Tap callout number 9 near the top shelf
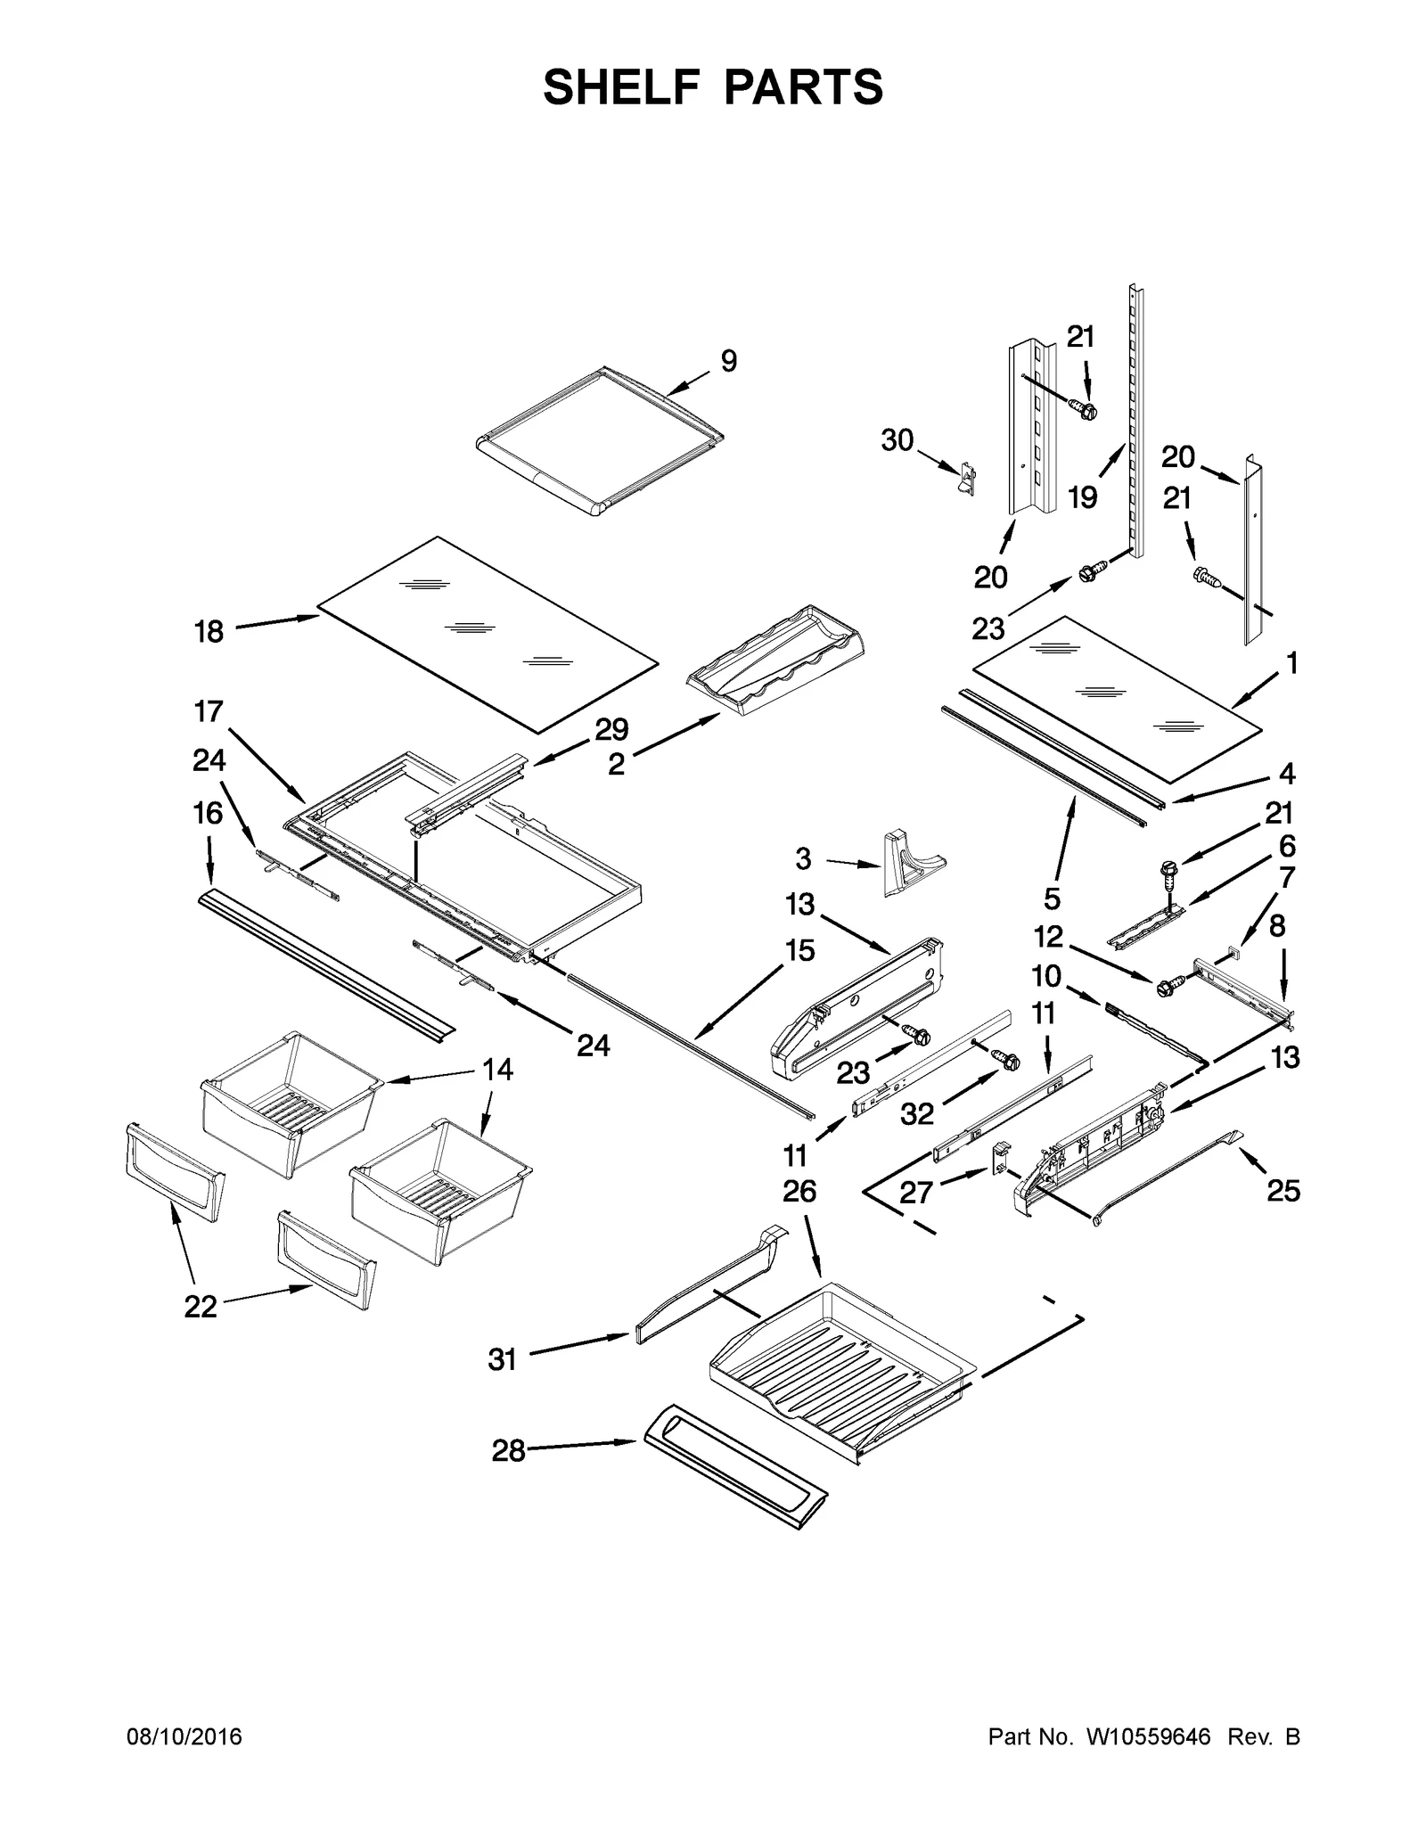pos(728,361)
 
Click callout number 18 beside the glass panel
pos(209,632)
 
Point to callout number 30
pos(897,439)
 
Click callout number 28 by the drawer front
pos(508,1451)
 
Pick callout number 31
pos(502,1359)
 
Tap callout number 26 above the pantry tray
pos(799,1191)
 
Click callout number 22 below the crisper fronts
pos(201,1307)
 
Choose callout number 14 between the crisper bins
pos(497,1069)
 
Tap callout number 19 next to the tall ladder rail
pos(1083,497)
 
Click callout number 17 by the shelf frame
pos(208,712)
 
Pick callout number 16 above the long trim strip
pos(208,813)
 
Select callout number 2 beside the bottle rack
pos(616,763)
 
